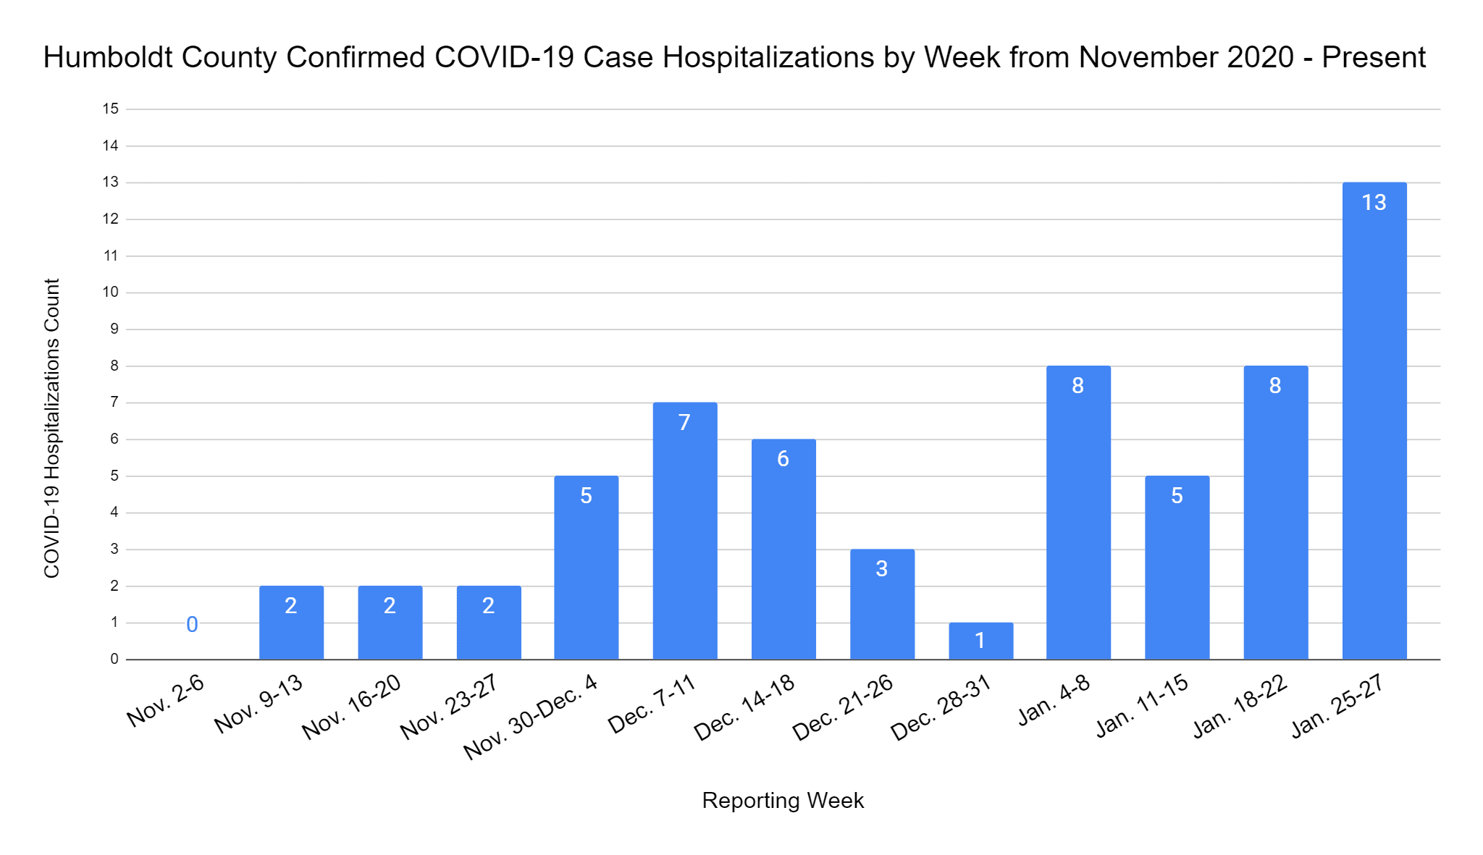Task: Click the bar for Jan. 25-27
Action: point(1374,434)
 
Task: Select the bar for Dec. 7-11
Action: point(684,543)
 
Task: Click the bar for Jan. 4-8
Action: point(1078,521)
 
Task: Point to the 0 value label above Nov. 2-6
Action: point(192,624)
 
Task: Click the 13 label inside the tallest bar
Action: point(1374,203)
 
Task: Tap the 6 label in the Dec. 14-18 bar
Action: point(783,459)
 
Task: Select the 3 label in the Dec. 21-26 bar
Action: point(881,569)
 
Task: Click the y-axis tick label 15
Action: point(110,109)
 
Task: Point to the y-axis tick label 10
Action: point(110,292)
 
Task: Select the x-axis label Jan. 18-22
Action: point(1240,706)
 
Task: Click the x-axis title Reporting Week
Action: point(783,801)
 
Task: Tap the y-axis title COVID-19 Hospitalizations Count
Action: point(52,428)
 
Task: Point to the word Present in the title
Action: point(1373,58)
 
